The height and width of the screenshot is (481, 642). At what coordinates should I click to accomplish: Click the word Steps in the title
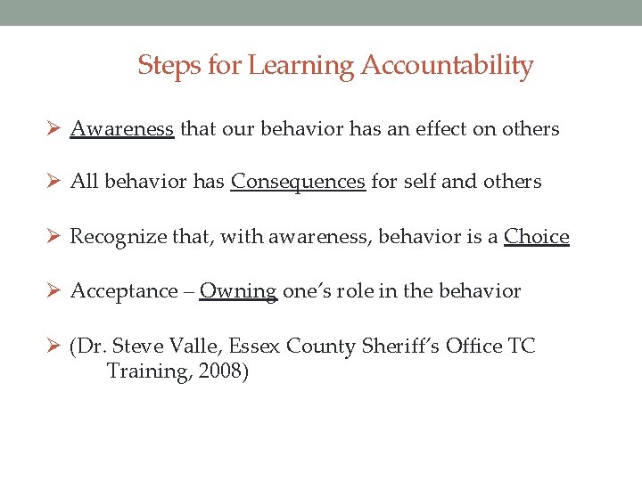tap(164, 66)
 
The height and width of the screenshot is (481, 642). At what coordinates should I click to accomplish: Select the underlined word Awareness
tap(121, 129)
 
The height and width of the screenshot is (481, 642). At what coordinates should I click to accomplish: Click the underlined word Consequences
tap(298, 183)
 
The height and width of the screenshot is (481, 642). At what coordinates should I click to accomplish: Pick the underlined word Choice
tap(536, 237)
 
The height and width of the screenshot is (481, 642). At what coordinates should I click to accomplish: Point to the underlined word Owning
tap(238, 291)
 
